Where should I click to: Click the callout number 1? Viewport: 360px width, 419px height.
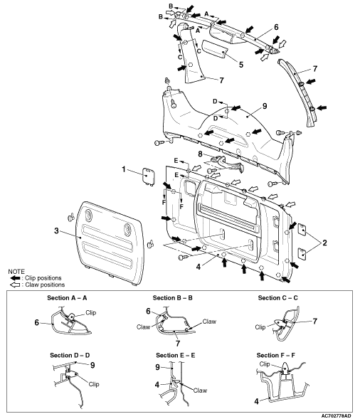tap(124, 169)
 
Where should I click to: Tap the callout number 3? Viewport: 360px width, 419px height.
tap(56, 230)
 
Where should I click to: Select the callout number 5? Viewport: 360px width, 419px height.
tap(241, 65)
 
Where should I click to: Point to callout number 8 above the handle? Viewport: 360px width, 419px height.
tap(201, 154)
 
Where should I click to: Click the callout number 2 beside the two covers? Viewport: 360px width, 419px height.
tap(324, 243)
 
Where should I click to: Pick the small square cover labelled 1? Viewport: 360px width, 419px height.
tap(147, 176)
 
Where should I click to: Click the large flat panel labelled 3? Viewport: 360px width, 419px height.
tap(110, 243)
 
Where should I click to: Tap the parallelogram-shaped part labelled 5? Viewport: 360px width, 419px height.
tap(215, 48)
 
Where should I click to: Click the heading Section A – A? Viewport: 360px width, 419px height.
tap(67, 298)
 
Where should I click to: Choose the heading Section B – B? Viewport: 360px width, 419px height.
tap(173, 298)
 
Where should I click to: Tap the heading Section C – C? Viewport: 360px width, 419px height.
tap(278, 298)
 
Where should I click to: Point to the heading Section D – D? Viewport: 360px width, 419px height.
tap(70, 356)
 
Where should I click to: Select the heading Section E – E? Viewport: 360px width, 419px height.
tap(176, 356)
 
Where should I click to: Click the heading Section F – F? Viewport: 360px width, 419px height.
tap(276, 356)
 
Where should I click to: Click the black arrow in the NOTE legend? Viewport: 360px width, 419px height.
tap(15, 278)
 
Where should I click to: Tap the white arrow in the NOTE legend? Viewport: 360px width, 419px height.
tap(15, 285)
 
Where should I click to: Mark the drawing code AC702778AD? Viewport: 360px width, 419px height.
tap(336, 415)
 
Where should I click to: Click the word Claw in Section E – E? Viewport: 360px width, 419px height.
tap(200, 391)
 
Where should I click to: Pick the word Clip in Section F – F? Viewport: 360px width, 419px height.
tap(265, 364)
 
